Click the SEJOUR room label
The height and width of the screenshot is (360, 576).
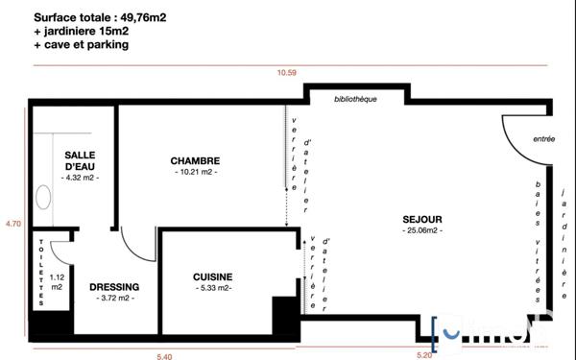pos(421,220)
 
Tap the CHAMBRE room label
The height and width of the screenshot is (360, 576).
pos(196,160)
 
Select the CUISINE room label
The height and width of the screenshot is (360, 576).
pos(213,276)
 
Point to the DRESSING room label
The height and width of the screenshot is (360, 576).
pos(114,287)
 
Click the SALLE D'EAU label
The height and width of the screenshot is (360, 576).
pos(80,160)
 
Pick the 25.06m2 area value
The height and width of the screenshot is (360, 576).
pos(421,231)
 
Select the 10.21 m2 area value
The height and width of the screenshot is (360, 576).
pos(196,173)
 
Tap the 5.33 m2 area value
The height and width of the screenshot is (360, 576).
pos(213,288)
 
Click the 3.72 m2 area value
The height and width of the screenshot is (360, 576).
pos(114,299)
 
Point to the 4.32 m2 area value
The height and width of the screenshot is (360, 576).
pos(80,178)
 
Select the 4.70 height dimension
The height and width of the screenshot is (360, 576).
pos(12,223)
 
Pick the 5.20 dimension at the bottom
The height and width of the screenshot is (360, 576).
pos(424,355)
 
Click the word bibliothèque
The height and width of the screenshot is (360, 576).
pos(355,100)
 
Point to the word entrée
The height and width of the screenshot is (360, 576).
pos(544,139)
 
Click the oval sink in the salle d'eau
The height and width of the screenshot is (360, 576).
pos(43,197)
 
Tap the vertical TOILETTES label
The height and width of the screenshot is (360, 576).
pos(40,272)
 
